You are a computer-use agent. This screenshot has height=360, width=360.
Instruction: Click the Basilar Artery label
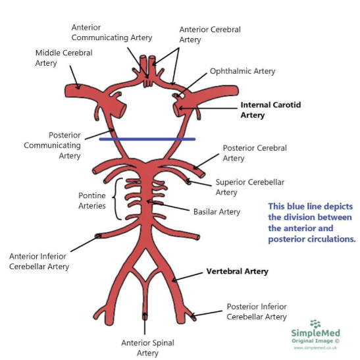[217, 212]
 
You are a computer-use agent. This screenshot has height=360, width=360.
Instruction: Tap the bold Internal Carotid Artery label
[270, 110]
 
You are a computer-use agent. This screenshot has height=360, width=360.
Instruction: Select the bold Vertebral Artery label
[237, 271]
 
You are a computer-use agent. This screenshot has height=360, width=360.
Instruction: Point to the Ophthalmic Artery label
[242, 71]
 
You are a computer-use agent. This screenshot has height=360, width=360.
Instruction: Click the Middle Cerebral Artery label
[64, 58]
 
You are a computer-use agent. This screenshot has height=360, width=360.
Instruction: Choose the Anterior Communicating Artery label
[112, 32]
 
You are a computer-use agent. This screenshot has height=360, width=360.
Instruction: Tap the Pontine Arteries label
[92, 201]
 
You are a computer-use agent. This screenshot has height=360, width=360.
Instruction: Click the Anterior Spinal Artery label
[147, 347]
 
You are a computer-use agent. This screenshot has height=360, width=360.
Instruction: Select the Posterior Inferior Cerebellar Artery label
[257, 311]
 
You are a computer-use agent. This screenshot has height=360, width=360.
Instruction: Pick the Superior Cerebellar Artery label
[250, 187]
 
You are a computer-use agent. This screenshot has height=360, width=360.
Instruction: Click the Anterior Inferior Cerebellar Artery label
[39, 261]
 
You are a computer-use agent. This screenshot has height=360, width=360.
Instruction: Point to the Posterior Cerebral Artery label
[255, 153]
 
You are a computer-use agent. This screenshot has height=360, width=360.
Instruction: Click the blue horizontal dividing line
[147, 139]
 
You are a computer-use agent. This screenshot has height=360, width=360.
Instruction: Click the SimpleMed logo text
[315, 332]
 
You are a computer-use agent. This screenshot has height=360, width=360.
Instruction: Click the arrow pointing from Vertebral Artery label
[188, 276]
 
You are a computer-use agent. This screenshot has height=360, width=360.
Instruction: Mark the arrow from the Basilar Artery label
[168, 206]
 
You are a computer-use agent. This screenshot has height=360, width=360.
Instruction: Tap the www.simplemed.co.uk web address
[315, 347]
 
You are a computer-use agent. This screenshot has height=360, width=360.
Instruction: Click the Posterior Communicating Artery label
[53, 145]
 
